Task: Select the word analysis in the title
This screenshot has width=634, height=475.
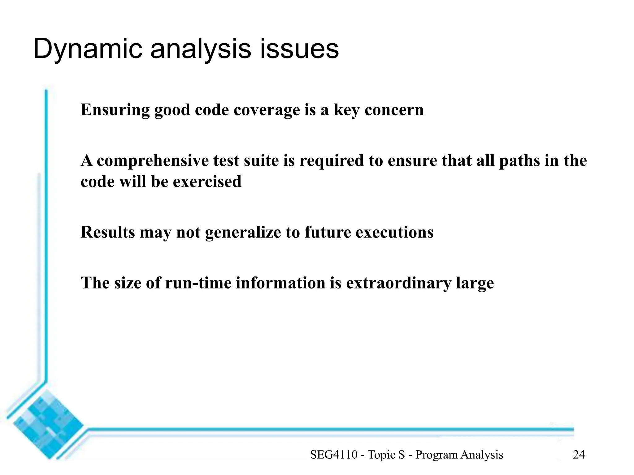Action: coord(201,49)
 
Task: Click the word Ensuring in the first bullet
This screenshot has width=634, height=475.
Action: coord(115,110)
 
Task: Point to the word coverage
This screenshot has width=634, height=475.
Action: coord(267,110)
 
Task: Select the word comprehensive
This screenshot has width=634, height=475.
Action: coord(153,161)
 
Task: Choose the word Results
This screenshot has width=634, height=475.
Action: coord(107,232)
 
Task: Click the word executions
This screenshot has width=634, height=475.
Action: coord(394,232)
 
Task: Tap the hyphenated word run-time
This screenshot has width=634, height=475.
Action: coord(198,283)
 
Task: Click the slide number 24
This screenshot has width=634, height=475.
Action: coord(579,455)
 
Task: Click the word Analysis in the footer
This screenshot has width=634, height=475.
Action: coord(482,455)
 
